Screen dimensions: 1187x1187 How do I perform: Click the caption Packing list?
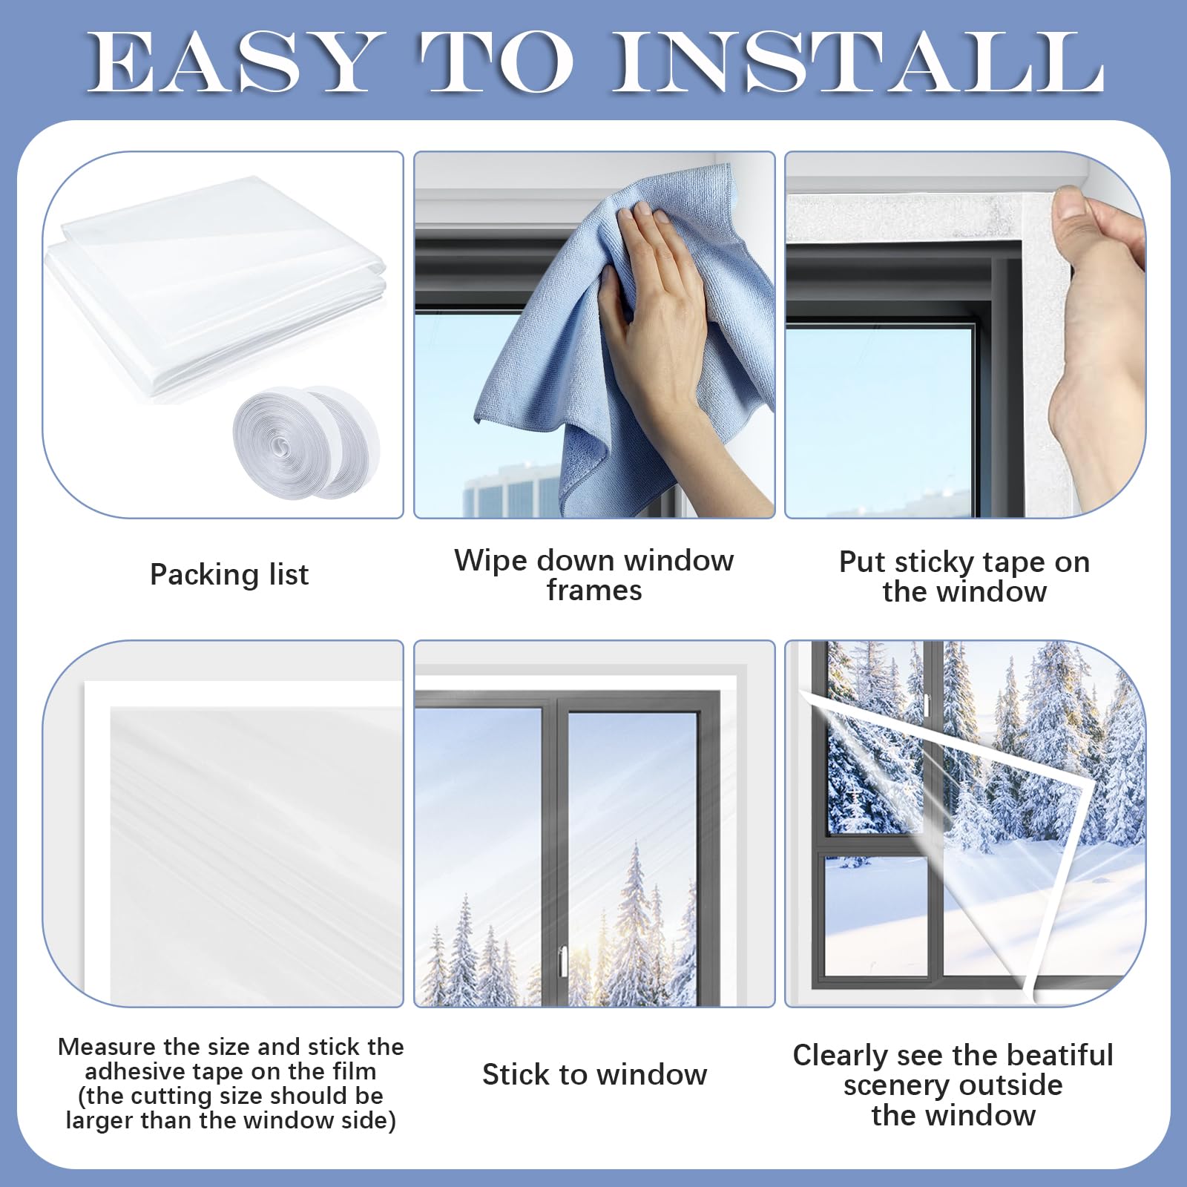[229, 574]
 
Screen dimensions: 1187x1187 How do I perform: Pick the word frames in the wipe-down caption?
[594, 591]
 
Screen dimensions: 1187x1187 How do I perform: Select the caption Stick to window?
[594, 1074]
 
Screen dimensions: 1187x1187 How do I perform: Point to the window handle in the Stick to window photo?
[560, 960]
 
